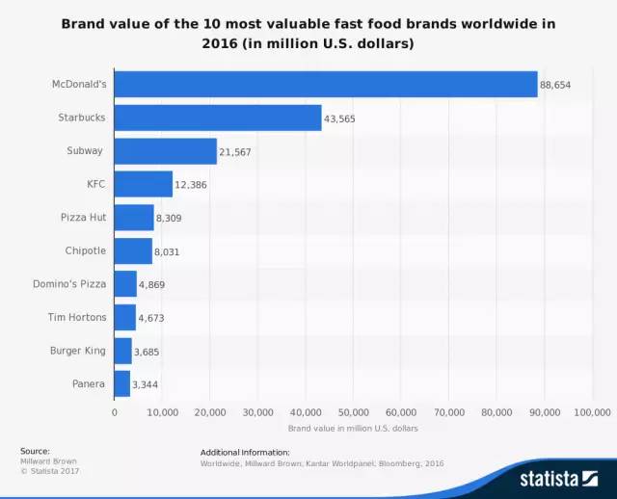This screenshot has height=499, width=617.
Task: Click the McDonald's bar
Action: pos(326,85)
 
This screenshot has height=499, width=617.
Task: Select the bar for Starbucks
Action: pos(218,118)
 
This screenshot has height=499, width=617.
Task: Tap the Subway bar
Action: pos(166,151)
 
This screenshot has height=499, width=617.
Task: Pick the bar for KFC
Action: pos(144,184)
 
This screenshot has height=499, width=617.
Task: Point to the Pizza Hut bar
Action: pos(134,218)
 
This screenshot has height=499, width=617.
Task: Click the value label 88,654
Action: pos(555,85)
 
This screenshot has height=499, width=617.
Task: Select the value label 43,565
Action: pos(340,118)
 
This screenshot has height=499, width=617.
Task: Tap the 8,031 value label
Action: pos(167,251)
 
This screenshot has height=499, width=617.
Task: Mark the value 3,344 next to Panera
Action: pos(146,384)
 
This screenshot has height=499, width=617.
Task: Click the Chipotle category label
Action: pos(83,251)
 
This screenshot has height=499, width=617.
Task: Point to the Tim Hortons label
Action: pos(76,317)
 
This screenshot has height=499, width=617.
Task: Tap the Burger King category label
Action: pos(77,351)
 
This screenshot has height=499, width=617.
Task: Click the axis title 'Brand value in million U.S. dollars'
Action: pos(353,428)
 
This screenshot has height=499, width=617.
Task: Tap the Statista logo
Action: pos(560,477)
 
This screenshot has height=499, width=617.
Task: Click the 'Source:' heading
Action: pos(34,451)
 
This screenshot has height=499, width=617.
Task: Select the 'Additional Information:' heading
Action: pos(245,452)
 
